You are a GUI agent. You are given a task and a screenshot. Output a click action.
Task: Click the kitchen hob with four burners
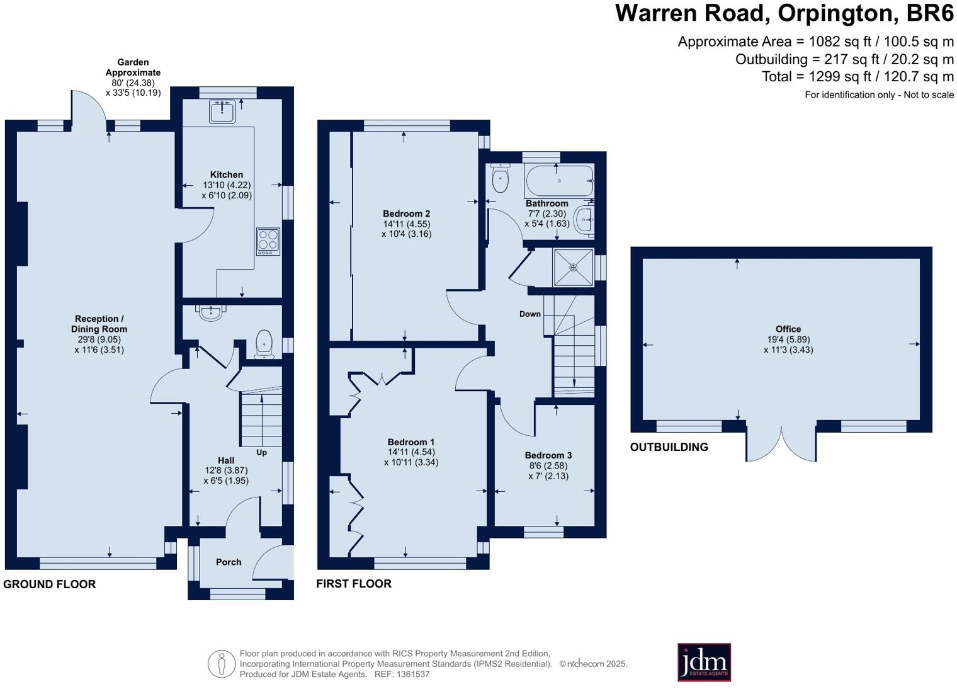point(268,241)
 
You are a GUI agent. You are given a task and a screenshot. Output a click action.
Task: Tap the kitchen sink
point(222,111)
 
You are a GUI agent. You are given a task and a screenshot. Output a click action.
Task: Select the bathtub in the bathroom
point(558,181)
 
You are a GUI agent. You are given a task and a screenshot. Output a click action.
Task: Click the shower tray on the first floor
point(573,267)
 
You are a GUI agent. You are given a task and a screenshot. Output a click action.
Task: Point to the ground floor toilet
point(264,344)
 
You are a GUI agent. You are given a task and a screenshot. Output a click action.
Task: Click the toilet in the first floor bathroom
point(500,179)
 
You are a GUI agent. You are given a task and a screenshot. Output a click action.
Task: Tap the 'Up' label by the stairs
point(261,452)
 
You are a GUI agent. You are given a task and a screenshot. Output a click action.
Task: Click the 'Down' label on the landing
point(529,314)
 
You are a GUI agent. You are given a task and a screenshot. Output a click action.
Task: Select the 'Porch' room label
point(229,562)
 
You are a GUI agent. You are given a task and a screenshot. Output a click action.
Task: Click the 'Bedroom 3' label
point(548,455)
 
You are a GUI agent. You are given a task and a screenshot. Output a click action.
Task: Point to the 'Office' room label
point(788,329)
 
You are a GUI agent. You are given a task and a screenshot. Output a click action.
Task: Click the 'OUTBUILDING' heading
point(669,447)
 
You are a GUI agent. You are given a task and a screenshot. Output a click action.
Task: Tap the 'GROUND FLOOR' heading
point(50,584)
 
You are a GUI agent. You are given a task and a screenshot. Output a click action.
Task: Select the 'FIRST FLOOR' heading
point(354,584)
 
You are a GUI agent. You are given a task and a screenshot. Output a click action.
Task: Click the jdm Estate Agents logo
point(704,662)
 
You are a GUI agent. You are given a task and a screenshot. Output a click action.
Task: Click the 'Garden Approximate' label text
point(133,67)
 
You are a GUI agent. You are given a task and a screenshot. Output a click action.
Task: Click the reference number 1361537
point(411,674)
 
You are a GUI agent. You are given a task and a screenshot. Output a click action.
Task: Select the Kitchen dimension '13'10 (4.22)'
point(227,185)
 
